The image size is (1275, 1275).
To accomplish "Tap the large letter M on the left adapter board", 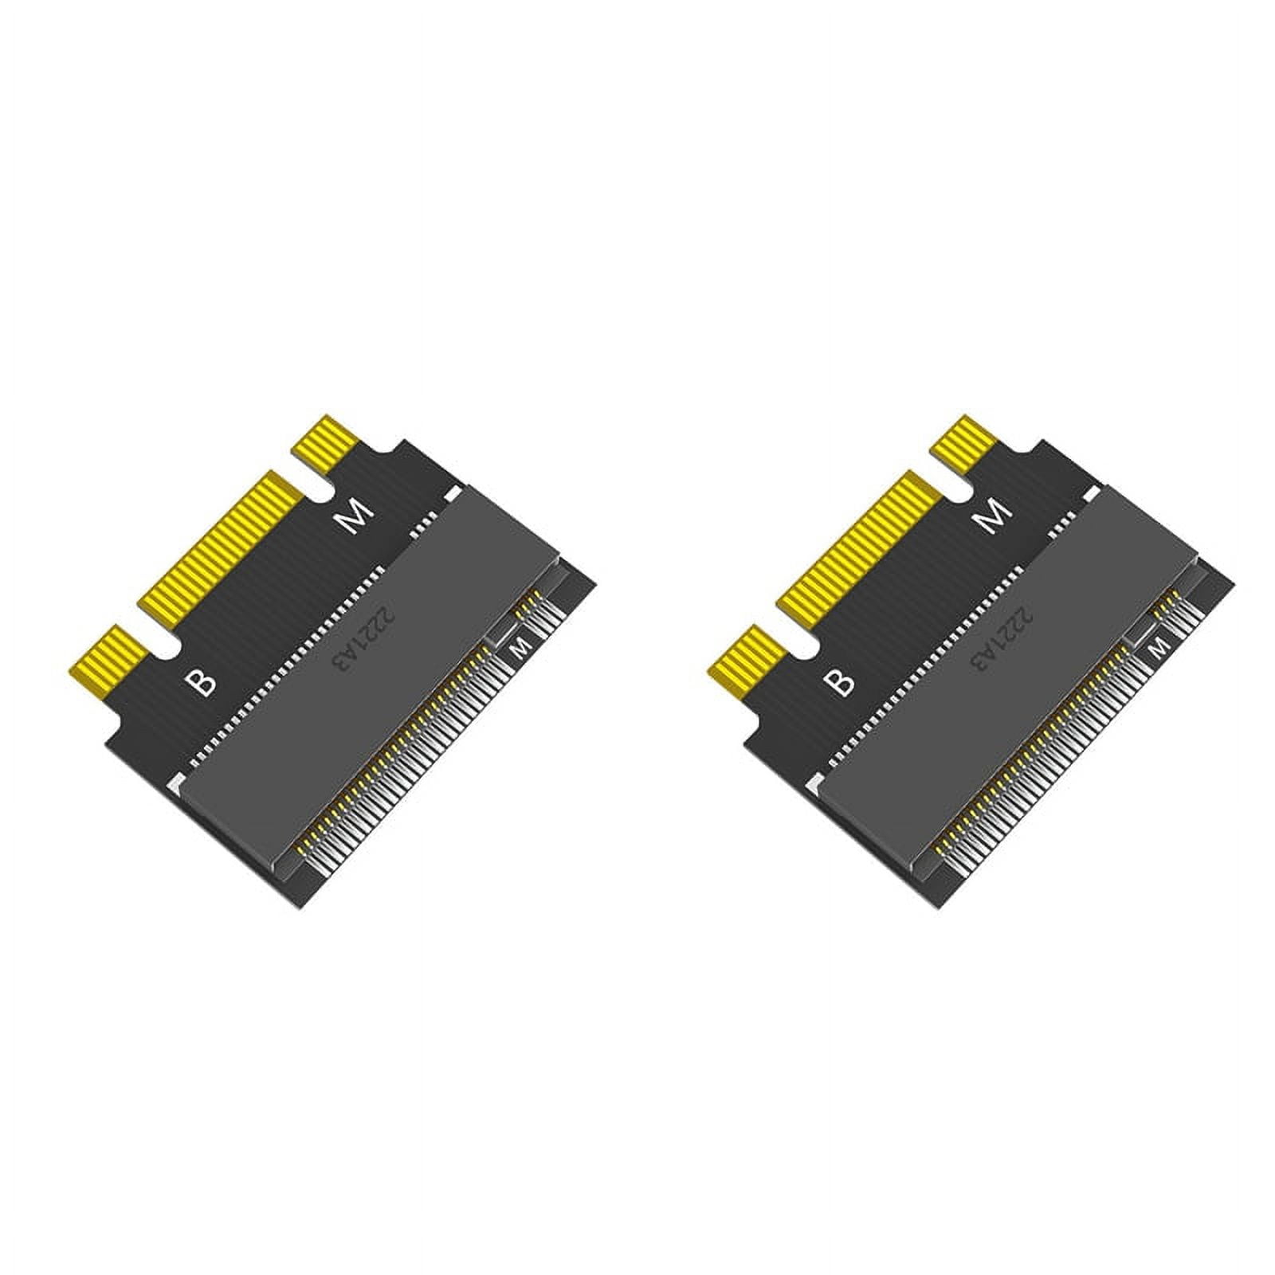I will point(354,518).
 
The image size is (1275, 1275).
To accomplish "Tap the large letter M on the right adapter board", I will point(991,518).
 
